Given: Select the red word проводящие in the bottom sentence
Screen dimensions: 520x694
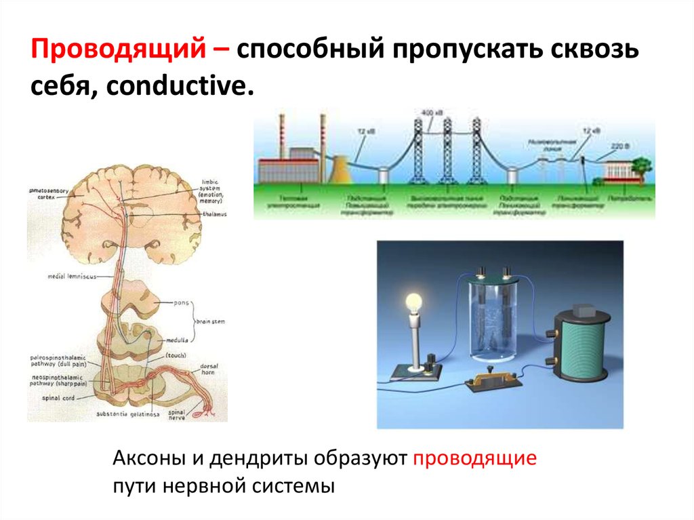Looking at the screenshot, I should coord(474,458).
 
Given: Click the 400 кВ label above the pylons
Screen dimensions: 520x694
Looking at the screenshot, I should coord(430,112).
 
